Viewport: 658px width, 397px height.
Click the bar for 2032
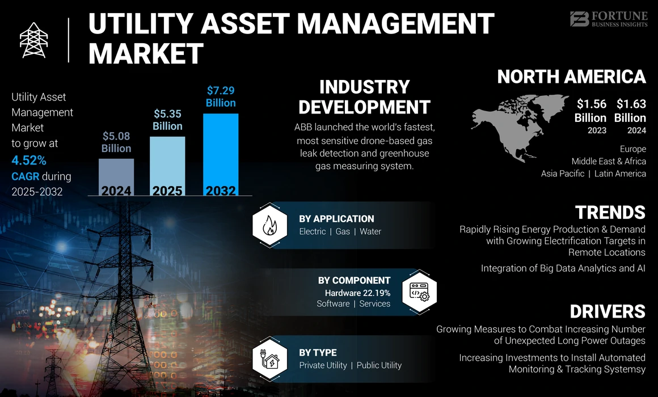pyautogui.click(x=221, y=153)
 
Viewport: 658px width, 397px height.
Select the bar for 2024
pyautogui.click(x=116, y=176)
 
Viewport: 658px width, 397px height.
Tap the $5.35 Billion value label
pyautogui.click(x=167, y=120)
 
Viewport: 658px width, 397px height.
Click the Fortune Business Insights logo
pyautogui.click(x=609, y=19)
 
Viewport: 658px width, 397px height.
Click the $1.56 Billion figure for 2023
pyautogui.click(x=590, y=111)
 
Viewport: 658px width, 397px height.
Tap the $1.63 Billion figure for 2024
pyautogui.click(x=631, y=111)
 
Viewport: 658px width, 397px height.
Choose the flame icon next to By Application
pyautogui.click(x=268, y=225)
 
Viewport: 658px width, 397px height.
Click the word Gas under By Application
pyautogui.click(x=343, y=231)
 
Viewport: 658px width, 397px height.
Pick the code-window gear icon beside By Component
pyautogui.click(x=419, y=291)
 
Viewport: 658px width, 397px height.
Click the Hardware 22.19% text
pyautogui.click(x=357, y=293)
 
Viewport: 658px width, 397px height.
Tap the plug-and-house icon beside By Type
pyautogui.click(x=268, y=358)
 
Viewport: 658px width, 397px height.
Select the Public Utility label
pyautogui.click(x=379, y=365)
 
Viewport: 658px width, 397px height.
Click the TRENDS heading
pyautogui.click(x=610, y=212)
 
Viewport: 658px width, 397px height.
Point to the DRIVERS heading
pyautogui.click(x=608, y=311)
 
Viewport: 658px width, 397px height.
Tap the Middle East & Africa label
pyautogui.click(x=609, y=161)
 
